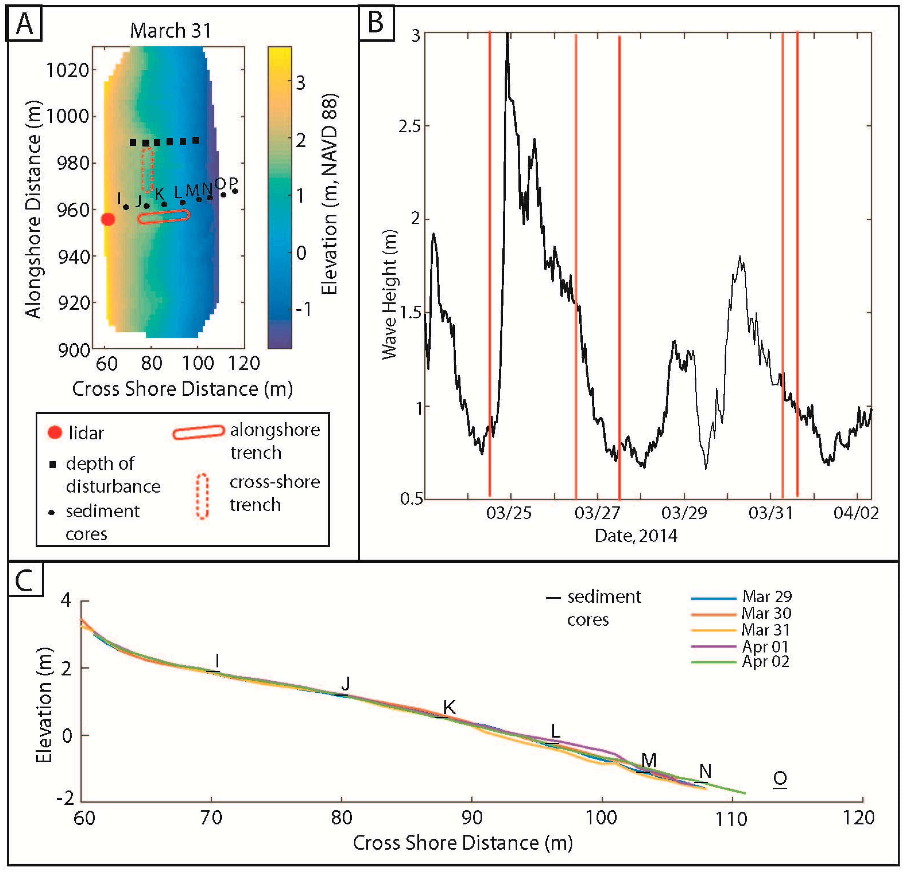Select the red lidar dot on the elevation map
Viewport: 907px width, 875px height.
(x=108, y=219)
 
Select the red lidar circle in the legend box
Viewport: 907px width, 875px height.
(x=55, y=433)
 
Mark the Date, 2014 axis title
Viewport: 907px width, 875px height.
(x=636, y=536)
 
